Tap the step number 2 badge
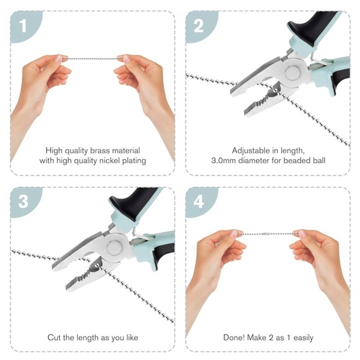199,25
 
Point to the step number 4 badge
199,202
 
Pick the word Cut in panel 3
54,338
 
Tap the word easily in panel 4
304,338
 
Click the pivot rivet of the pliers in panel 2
293,73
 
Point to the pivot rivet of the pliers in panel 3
114,248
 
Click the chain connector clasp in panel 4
266,234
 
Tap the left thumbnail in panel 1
59,59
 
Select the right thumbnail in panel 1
126,58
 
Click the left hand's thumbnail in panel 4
233,234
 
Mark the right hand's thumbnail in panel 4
302,234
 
